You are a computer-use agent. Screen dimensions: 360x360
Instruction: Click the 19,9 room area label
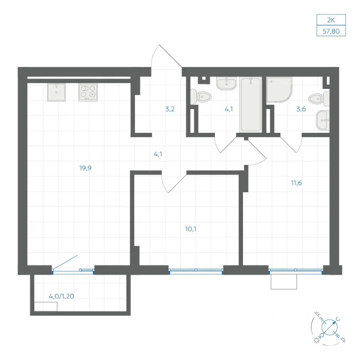pos(85,168)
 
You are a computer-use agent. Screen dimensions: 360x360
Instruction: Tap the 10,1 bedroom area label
pos(190,229)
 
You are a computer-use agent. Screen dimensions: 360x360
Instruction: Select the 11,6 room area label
pos(296,183)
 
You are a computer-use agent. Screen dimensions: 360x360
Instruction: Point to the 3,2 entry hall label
pos(170,109)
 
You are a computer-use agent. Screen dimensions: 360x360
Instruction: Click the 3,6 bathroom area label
pos(301,109)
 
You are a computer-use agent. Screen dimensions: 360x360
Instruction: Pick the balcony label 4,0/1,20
pos(61,296)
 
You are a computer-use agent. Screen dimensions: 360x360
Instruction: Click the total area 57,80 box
pos(331,31)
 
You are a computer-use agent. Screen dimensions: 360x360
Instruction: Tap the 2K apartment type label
pos(331,20)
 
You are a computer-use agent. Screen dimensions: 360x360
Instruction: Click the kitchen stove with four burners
pos(88,92)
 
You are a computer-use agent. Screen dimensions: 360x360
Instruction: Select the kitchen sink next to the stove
pos(57,92)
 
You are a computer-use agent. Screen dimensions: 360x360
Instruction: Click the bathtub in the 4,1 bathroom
pos(251,105)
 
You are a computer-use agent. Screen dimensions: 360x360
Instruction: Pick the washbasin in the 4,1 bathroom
pos(226,83)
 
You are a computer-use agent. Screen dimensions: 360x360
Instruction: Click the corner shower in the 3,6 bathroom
pos(279,89)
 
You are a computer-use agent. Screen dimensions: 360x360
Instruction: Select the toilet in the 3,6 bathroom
pos(319,99)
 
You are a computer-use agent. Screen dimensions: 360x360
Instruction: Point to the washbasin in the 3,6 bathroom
pos(323,120)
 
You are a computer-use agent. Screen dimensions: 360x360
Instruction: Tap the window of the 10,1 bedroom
pos(196,270)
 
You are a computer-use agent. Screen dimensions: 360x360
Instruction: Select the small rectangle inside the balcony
pos(46,307)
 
